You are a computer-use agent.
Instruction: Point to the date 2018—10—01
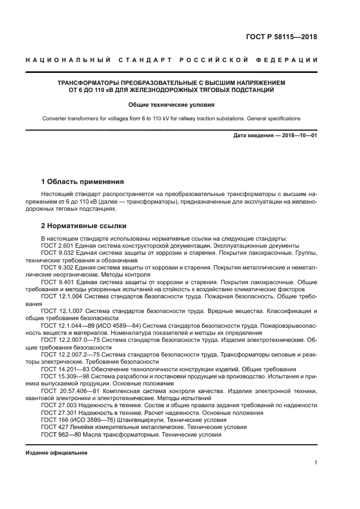[x=296, y=135]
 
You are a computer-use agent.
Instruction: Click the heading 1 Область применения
[x=83, y=181]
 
